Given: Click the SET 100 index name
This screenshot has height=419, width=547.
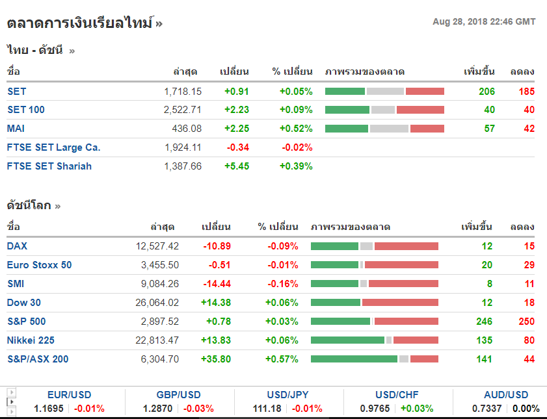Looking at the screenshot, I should (26, 110).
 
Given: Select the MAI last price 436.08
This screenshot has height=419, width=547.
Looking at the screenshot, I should (187, 129).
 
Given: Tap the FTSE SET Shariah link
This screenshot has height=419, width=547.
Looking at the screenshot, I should (49, 166).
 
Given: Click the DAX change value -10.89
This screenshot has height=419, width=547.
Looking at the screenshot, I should (217, 246).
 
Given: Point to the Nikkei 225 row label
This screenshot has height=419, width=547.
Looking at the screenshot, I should (31, 340).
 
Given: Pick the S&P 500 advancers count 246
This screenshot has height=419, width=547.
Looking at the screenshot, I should (484, 322).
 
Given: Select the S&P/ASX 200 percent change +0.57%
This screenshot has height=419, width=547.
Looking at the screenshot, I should (282, 359).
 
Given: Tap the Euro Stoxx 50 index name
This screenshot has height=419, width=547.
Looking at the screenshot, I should (40, 265).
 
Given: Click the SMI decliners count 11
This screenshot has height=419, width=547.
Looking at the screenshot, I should (529, 284).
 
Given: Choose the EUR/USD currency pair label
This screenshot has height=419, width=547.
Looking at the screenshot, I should (70, 395).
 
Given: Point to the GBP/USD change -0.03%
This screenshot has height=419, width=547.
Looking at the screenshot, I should (198, 409).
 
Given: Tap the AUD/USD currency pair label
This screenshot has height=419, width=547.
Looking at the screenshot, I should (506, 395).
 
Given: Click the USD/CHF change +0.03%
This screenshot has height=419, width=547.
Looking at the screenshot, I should (417, 409).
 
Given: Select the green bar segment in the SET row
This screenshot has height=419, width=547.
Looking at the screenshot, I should (345, 92).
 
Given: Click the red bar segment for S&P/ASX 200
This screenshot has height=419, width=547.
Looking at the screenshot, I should (424, 359).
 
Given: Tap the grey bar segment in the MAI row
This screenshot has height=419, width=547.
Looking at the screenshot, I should (389, 129).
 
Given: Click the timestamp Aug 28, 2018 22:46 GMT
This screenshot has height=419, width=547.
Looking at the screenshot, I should (484, 22).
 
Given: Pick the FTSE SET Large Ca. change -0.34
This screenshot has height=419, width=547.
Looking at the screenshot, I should (238, 147).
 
